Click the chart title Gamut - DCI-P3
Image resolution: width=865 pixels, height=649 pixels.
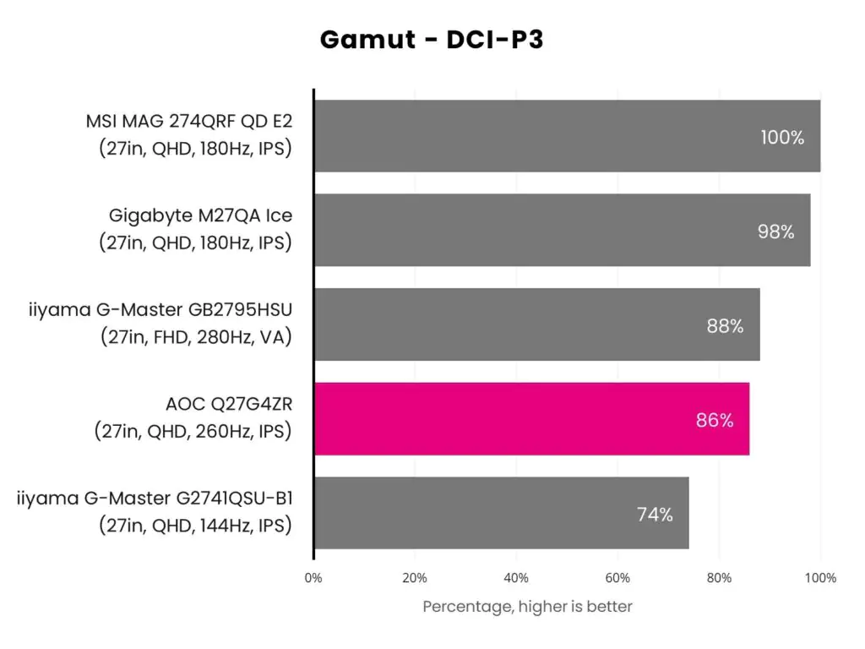(432, 40)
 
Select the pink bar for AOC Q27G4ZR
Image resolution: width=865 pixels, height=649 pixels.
(532, 419)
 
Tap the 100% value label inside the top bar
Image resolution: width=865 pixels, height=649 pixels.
(782, 138)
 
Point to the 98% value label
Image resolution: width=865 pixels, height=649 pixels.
(775, 232)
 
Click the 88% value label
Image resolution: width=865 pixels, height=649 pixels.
(725, 325)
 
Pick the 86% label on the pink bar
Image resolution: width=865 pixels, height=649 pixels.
(715, 420)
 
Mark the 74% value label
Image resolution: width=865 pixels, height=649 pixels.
(655, 515)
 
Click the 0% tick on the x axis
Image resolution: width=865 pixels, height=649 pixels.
(313, 578)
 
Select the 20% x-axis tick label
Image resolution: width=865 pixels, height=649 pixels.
(414, 578)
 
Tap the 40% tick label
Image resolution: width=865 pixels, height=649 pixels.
(516, 578)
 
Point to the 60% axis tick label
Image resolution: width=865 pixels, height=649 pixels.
(617, 578)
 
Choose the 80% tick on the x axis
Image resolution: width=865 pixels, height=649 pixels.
(719, 578)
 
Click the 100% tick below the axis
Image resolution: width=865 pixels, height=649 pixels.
(820, 578)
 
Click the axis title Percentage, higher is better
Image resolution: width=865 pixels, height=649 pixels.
(527, 607)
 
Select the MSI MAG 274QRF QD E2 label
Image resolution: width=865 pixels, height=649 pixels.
(188, 121)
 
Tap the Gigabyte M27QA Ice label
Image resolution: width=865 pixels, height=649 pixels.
(200, 215)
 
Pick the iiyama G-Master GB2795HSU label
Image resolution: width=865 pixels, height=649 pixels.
(160, 309)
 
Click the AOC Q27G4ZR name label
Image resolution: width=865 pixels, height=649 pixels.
(229, 404)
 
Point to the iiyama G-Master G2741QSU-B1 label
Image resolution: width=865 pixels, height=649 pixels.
(155, 499)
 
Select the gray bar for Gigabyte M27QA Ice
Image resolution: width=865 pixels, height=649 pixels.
(562, 230)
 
